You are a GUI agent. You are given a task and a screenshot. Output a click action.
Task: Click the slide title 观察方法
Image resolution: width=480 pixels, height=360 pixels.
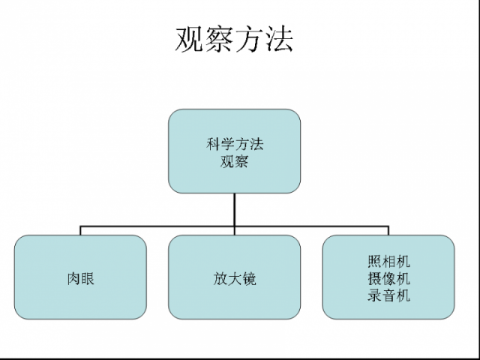[x=235, y=39]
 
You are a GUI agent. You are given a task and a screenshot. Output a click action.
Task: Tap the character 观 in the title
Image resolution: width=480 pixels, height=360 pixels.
[x=190, y=39]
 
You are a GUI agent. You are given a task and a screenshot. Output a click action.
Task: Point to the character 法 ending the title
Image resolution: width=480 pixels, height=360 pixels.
[x=279, y=39]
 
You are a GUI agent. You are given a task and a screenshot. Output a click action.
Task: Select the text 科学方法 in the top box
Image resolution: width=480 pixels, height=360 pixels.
[x=235, y=144]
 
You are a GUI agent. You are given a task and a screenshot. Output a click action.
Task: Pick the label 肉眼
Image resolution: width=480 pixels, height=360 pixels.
[x=80, y=278]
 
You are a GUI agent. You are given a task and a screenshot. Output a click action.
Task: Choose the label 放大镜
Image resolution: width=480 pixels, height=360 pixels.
[x=235, y=278]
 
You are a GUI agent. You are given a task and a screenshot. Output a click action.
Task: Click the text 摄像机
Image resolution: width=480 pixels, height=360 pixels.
[x=389, y=278]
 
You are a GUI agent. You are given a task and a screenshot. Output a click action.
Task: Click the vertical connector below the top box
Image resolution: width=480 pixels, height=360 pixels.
[x=235, y=208]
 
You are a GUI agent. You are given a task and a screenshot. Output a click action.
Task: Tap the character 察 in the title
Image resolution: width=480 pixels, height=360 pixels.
[x=220, y=39]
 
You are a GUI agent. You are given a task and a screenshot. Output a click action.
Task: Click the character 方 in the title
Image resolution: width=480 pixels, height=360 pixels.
[x=250, y=39]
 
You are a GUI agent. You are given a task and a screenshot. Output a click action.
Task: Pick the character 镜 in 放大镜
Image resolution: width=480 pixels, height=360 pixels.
[x=249, y=278]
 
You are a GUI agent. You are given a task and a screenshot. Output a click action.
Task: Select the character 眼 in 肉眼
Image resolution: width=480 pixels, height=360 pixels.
[x=88, y=278]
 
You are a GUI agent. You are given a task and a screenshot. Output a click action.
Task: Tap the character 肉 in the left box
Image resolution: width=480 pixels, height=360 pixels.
[x=73, y=278]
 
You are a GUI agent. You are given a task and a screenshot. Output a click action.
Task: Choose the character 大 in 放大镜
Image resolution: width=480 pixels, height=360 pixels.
[x=235, y=278]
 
